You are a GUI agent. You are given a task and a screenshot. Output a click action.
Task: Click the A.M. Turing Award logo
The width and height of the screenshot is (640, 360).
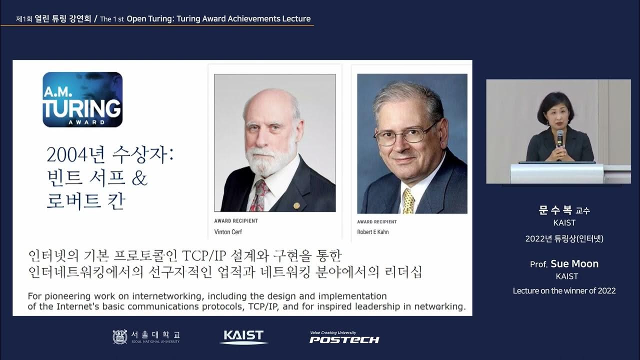point(82,99)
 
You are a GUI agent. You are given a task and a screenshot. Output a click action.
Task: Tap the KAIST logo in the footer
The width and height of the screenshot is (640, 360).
point(243,336)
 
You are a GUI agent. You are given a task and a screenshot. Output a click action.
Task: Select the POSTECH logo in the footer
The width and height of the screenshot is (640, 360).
point(344,338)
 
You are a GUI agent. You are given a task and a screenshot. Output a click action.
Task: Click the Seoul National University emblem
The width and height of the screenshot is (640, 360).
point(120,337)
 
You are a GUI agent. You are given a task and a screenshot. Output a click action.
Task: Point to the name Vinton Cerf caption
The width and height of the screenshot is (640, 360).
point(228,232)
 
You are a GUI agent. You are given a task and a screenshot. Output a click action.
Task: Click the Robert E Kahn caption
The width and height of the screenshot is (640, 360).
point(372,232)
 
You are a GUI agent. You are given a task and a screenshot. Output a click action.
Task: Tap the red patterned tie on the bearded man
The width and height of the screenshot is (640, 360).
point(259,195)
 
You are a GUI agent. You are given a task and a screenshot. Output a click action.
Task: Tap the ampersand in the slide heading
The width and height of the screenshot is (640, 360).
point(140,178)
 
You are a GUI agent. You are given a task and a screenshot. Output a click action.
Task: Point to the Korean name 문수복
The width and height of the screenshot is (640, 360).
point(555,210)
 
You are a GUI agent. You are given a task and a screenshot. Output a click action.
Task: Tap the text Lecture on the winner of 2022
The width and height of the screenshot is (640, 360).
point(564,290)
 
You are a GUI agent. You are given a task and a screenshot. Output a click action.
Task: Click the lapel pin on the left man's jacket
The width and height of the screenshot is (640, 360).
point(296,205)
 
